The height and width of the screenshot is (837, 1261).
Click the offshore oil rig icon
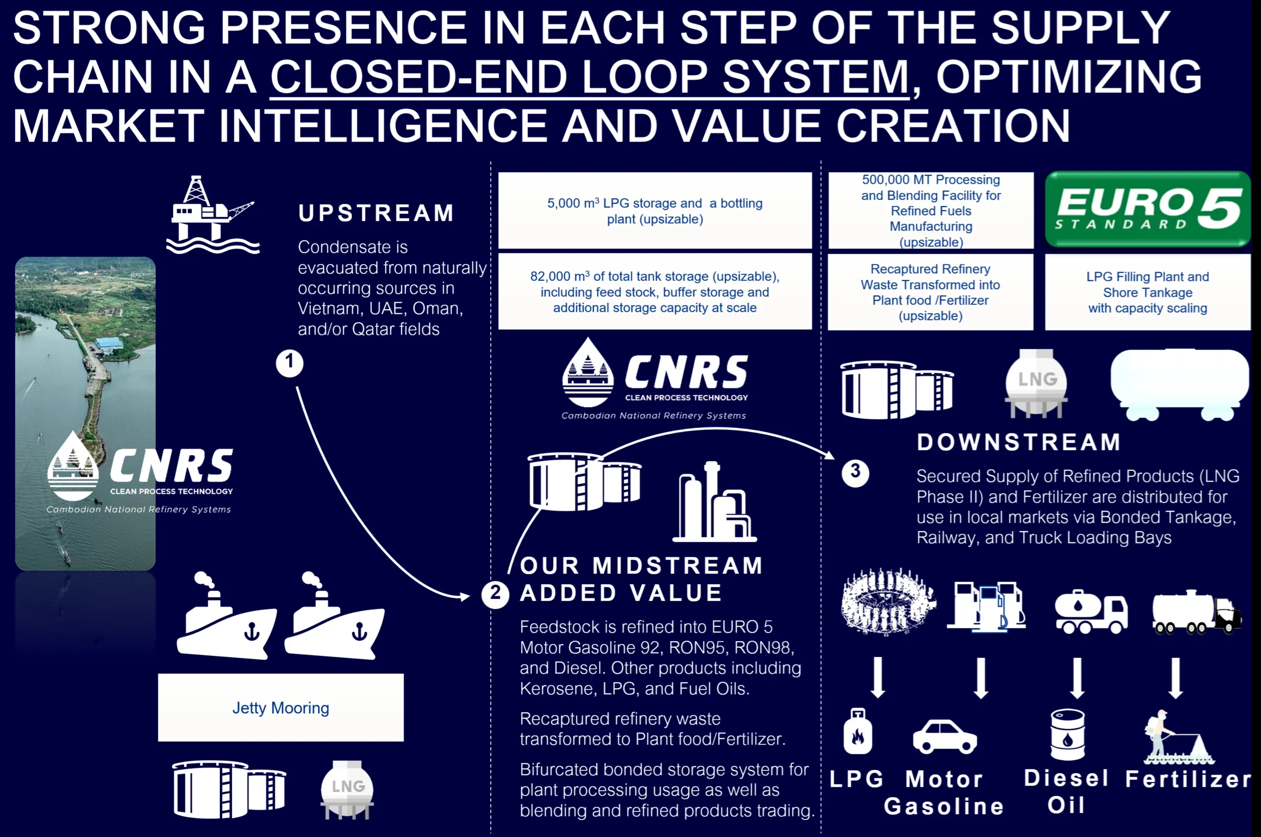(213, 215)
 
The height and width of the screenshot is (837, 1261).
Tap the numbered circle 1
(290, 363)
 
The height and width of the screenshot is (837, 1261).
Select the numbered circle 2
(495, 594)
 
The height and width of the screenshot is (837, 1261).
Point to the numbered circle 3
(855, 473)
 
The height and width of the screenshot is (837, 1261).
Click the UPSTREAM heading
(376, 213)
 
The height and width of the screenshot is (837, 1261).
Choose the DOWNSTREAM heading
(1019, 442)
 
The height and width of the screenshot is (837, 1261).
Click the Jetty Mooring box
(281, 707)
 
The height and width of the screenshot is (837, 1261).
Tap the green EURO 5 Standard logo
(1147, 209)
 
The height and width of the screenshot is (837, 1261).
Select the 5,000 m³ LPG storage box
(655, 210)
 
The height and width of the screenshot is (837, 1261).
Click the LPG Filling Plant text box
(1147, 292)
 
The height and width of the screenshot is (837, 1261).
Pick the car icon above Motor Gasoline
(944, 736)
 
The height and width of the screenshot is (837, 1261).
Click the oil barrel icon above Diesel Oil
(1067, 734)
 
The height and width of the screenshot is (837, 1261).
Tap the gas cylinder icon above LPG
(858, 731)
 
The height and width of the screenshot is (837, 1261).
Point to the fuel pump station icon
(986, 607)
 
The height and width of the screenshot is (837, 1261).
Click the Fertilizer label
(1188, 779)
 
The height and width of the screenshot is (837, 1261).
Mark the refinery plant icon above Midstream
(714, 502)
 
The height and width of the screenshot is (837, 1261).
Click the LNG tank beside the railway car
(1036, 383)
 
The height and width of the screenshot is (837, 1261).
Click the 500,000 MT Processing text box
(931, 210)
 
